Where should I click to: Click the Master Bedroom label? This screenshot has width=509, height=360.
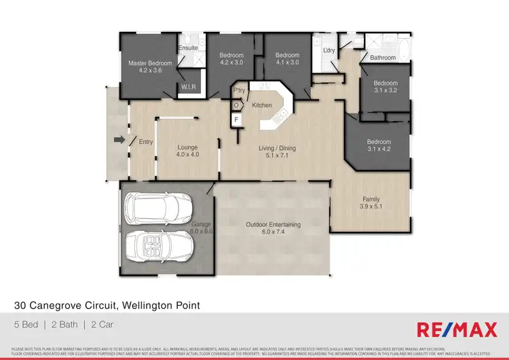(x=150, y=67)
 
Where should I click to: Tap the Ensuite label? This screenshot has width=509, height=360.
(x=189, y=48)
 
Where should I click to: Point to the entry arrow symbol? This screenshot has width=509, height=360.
(x=119, y=141)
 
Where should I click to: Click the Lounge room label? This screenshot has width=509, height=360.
(x=187, y=150)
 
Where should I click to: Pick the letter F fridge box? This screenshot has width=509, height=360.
(x=237, y=120)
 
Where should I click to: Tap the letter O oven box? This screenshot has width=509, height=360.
(x=236, y=105)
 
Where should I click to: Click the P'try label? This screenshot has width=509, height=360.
(x=239, y=90)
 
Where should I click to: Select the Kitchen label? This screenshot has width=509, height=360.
(x=262, y=105)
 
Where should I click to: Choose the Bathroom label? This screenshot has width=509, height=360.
(x=383, y=58)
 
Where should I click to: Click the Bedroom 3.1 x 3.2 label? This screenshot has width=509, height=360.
(x=385, y=86)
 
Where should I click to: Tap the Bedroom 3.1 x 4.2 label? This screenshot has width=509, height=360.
(x=379, y=145)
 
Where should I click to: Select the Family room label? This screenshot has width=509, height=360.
(x=370, y=202)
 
